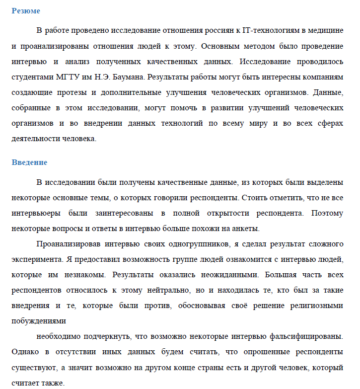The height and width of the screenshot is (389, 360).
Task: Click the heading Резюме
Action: click(26, 11)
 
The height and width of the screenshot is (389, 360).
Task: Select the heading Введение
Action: click(29, 162)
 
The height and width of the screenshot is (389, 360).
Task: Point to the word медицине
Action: click(324, 30)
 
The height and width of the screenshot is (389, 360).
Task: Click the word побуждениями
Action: click(38, 320)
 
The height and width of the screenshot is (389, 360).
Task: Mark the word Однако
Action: click(24, 352)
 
